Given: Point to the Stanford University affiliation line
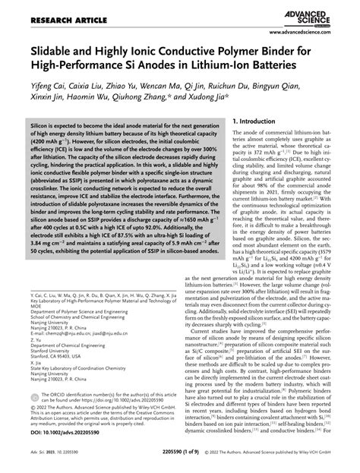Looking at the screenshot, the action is point(50,350).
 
